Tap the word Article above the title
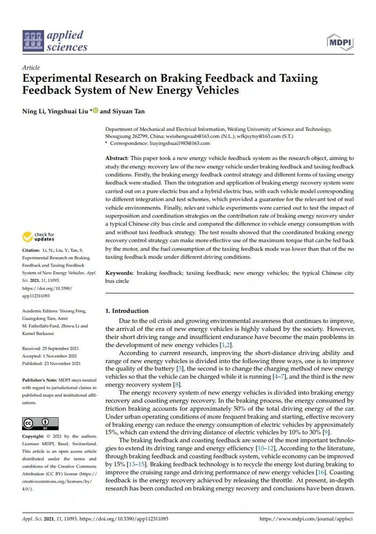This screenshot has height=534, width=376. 31,68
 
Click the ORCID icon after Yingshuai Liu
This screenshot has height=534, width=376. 95,111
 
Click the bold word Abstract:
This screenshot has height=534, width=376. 117,158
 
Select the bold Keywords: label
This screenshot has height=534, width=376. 119,273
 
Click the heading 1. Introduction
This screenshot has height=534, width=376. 126,311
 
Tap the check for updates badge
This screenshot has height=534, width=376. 39,237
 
